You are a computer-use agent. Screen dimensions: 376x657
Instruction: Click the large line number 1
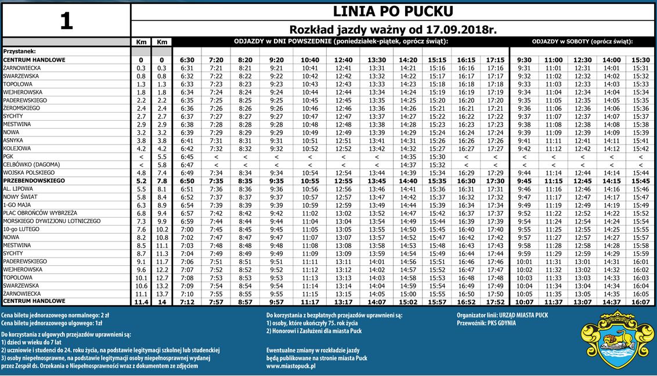66,20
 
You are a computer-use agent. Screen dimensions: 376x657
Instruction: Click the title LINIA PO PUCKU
393,12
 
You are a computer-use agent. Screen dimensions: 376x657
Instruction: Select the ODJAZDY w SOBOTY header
582,42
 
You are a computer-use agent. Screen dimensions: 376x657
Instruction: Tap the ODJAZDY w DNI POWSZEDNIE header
341,42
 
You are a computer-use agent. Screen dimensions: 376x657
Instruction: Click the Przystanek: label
20,51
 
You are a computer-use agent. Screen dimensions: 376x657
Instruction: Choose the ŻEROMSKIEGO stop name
21,108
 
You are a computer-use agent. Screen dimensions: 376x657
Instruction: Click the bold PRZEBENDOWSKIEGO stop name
33,181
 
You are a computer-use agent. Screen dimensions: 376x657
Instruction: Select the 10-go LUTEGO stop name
21,229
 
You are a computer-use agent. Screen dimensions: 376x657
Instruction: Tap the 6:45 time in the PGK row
187,157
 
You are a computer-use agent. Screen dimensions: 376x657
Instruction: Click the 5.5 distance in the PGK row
162,157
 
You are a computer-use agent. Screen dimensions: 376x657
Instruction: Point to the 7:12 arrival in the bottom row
187,302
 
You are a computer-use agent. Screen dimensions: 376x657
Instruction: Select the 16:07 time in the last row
641,302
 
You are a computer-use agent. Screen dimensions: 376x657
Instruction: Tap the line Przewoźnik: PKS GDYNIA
486,323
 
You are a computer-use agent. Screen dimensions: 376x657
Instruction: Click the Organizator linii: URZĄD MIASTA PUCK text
502,315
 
